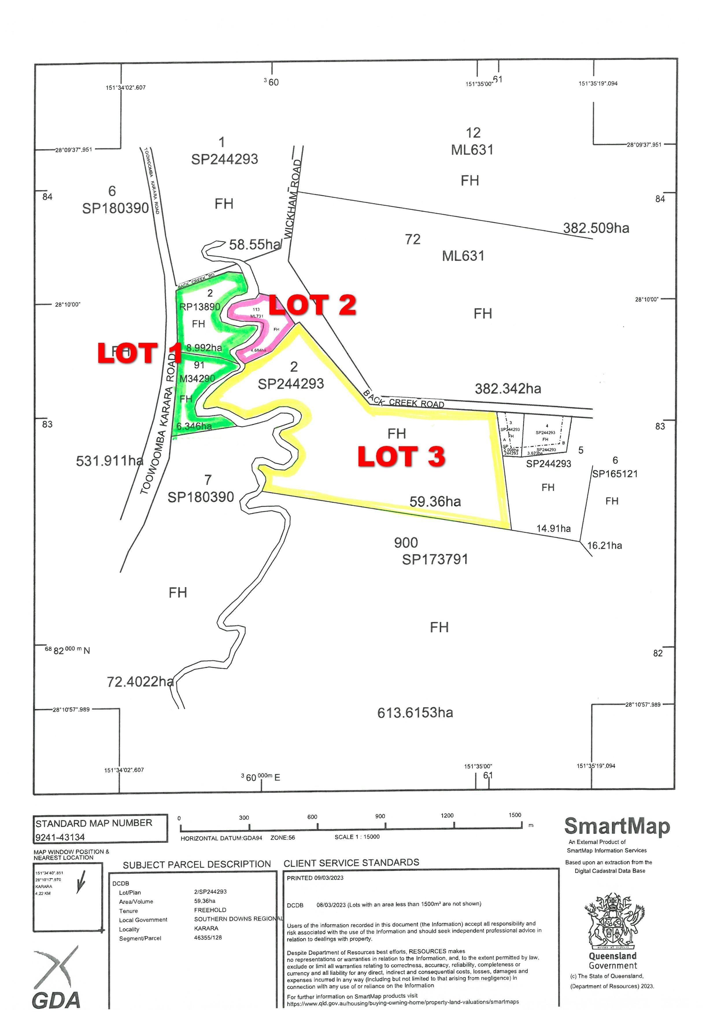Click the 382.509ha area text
[x=596, y=228]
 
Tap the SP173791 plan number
[x=435, y=560]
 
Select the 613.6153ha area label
[x=415, y=713]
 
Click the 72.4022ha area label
[x=140, y=682]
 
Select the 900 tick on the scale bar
[x=385, y=826]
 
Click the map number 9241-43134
[x=60, y=837]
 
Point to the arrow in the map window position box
[x=81, y=884]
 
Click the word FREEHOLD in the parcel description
[x=210, y=910]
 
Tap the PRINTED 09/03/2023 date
[x=315, y=878]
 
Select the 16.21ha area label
[x=605, y=545]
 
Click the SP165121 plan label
[x=615, y=474]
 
